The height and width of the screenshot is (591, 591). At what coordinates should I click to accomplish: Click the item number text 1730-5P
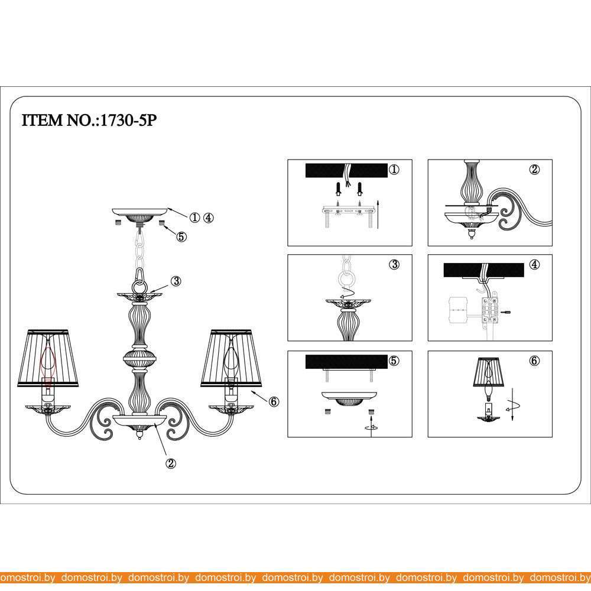click(x=128, y=120)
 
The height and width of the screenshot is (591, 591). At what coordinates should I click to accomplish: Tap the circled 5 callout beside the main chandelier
click(x=181, y=237)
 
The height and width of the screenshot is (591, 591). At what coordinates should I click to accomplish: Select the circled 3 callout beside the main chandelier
click(x=176, y=281)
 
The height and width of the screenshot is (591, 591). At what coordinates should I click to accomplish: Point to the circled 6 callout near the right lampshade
click(x=274, y=402)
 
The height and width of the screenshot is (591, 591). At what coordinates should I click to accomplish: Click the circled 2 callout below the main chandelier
click(x=171, y=463)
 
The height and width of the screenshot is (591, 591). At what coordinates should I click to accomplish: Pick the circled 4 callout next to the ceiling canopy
click(x=208, y=217)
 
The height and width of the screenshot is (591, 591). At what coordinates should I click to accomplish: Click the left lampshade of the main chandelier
click(x=48, y=358)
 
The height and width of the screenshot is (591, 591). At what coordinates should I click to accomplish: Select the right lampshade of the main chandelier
click(x=231, y=358)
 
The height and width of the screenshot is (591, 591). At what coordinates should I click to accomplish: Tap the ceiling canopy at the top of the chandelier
click(x=140, y=215)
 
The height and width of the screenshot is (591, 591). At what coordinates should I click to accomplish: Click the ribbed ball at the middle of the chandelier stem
click(x=139, y=359)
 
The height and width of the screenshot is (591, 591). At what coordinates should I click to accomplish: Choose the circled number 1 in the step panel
click(x=394, y=170)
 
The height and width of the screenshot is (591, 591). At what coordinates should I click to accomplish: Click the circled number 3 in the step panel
click(x=394, y=265)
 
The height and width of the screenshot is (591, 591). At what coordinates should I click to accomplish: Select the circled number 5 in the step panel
click(x=394, y=361)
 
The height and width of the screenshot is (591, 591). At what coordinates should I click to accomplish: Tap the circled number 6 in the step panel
click(x=534, y=361)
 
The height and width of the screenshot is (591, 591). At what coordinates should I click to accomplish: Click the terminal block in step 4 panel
click(x=489, y=310)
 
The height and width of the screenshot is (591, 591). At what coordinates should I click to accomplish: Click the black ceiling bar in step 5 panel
click(x=346, y=362)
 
